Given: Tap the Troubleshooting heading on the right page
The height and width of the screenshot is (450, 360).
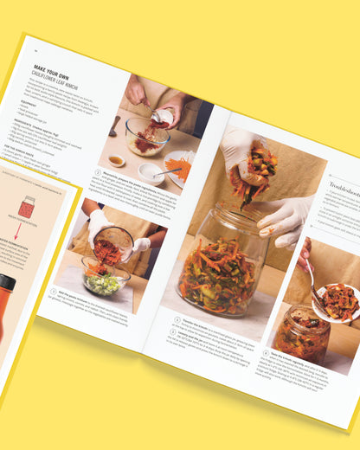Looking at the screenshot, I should (344, 185).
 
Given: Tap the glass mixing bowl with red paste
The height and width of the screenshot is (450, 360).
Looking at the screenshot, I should (147, 137).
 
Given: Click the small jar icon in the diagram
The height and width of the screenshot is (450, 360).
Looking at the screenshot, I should (27, 207).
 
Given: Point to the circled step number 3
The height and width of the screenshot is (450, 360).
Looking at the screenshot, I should (177, 319).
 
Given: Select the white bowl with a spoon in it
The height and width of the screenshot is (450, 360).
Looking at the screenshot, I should (151, 172).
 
